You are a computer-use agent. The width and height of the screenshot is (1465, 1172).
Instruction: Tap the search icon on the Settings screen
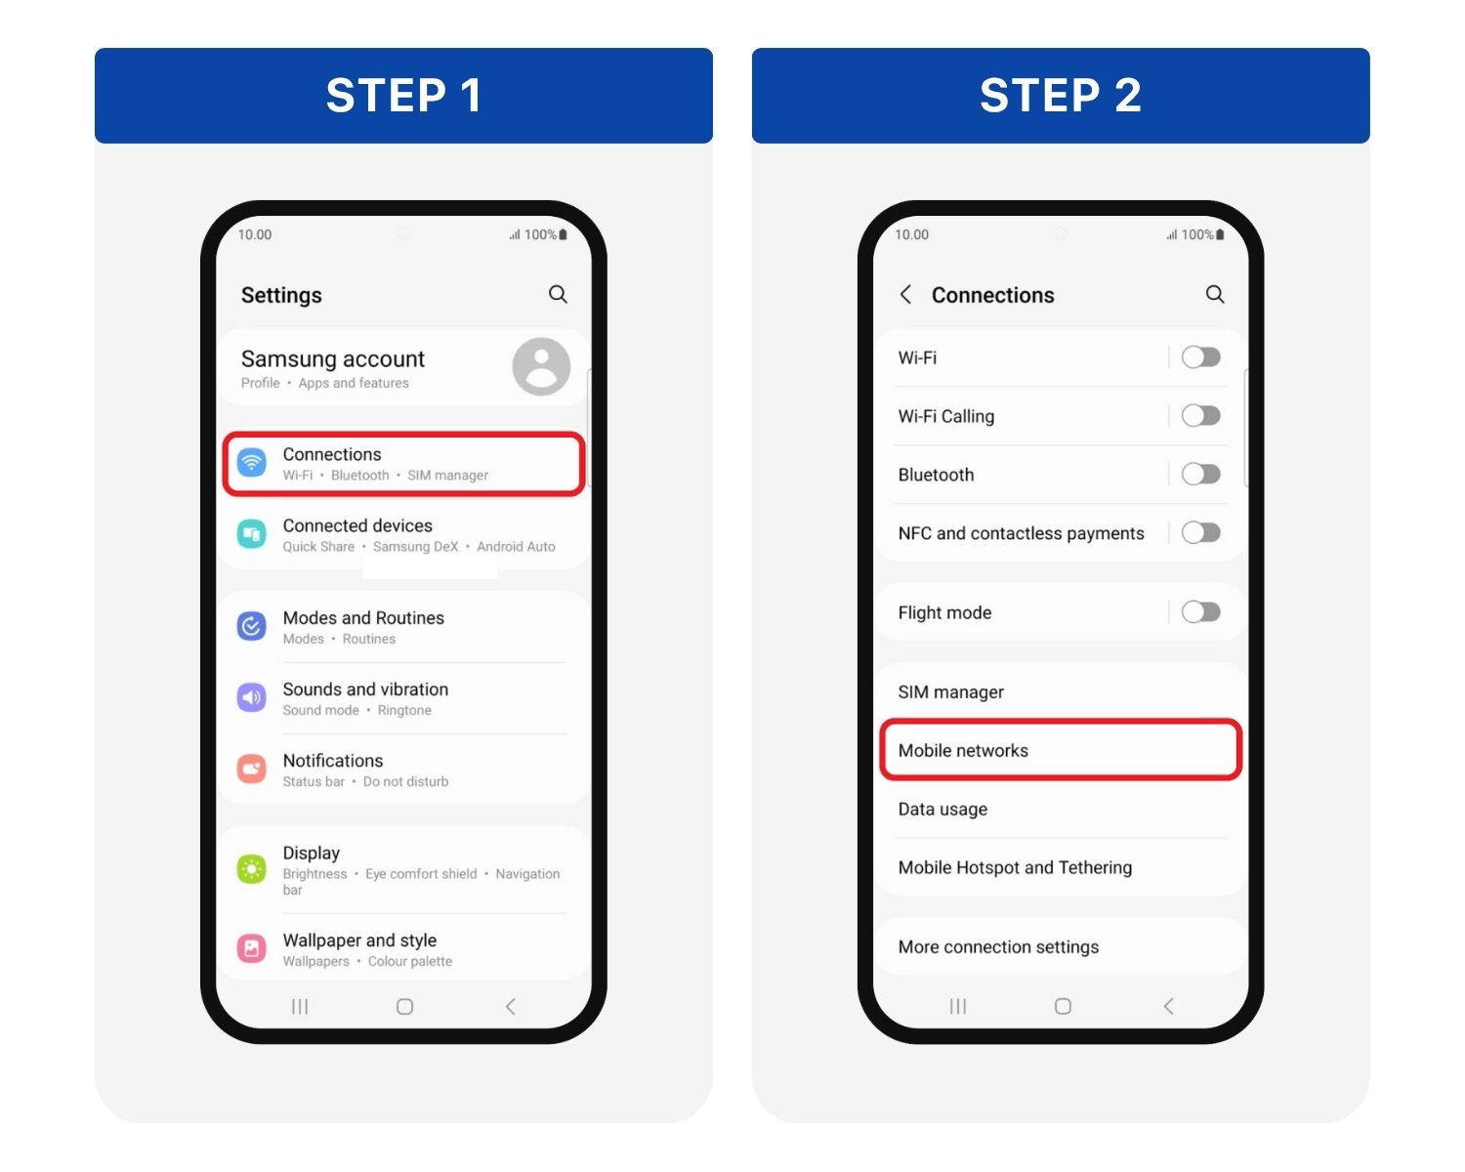[x=558, y=294]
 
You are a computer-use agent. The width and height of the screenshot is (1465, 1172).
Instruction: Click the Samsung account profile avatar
[x=541, y=366]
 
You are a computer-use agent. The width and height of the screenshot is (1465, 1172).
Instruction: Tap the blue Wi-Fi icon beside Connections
[x=252, y=463]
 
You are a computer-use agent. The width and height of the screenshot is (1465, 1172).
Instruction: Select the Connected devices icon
[x=252, y=534]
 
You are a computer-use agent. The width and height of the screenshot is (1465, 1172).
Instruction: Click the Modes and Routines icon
[x=252, y=626]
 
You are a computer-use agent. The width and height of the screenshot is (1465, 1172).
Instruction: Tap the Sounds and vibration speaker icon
[x=252, y=697]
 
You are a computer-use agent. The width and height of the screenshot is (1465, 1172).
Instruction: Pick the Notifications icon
[x=252, y=769]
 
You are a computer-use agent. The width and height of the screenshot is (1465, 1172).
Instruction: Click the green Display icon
[x=252, y=868]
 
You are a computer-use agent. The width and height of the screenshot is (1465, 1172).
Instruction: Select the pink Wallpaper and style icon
[x=252, y=948]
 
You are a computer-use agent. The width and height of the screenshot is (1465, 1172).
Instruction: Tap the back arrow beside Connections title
[x=906, y=294]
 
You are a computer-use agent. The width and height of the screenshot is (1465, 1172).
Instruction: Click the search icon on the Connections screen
[x=1215, y=294]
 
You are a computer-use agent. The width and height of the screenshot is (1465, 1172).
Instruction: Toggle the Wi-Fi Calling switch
[x=1200, y=416]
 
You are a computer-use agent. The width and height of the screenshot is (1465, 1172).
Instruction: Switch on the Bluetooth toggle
[x=1200, y=475]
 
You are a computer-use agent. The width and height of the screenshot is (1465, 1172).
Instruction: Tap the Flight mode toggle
[x=1200, y=612]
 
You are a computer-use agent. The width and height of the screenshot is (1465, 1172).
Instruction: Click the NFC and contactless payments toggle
[x=1200, y=532]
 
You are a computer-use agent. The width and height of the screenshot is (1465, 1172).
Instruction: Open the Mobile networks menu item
[x=1060, y=750]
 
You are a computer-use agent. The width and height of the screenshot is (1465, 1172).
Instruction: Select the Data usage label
[x=942, y=809]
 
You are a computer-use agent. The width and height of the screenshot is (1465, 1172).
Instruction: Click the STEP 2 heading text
[x=1061, y=96]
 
